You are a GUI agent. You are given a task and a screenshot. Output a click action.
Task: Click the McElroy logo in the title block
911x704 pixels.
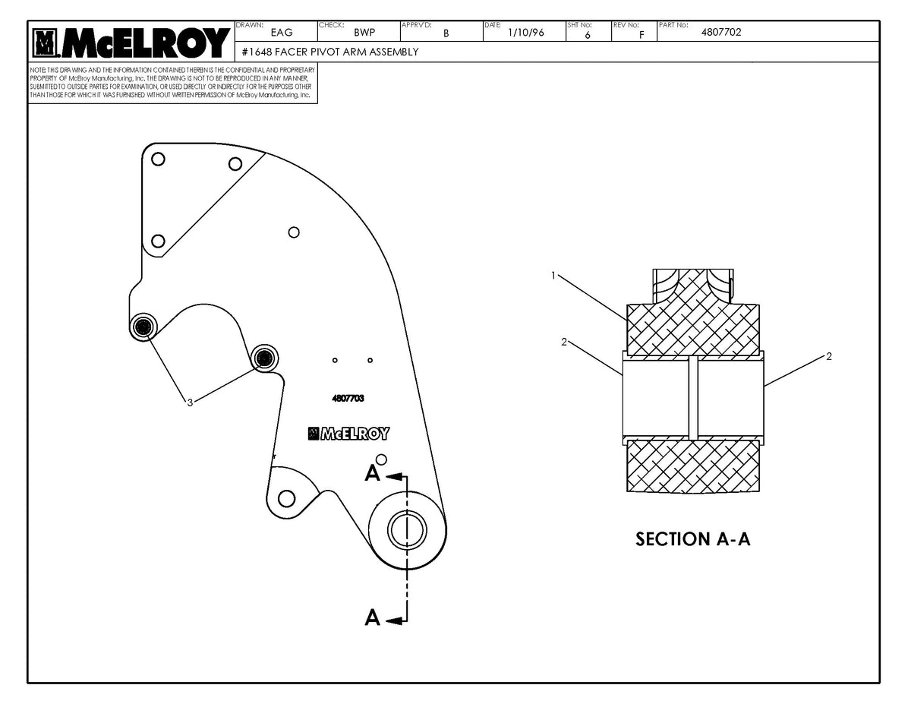coord(130,43)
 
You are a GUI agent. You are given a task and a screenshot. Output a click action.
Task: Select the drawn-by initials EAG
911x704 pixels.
coord(281,33)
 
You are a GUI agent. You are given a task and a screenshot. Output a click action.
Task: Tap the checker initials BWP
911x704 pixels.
coord(364,33)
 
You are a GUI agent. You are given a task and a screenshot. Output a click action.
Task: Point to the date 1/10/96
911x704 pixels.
coord(525,33)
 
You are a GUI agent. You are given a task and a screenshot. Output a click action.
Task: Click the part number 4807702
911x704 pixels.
coord(721,32)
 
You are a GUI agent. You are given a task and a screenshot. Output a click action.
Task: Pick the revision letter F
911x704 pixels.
coord(642,34)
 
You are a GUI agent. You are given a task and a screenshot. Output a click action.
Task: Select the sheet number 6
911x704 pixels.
coord(588,34)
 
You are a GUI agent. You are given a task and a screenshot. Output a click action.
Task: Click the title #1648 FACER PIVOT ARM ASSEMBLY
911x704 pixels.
coord(329,52)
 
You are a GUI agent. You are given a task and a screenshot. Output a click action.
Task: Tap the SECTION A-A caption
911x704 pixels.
coord(692,539)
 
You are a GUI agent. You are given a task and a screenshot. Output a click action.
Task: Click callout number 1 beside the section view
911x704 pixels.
coord(555,276)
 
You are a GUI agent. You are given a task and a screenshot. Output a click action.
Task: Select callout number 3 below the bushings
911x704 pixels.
coord(190,403)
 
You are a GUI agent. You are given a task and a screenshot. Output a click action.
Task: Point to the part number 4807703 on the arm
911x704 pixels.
coord(348,397)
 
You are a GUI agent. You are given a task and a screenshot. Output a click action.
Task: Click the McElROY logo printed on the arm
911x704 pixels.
coord(348,434)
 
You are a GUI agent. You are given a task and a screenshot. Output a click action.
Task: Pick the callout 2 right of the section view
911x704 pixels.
coord(829,356)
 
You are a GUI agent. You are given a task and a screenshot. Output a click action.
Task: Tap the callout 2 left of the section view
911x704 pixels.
coord(564,342)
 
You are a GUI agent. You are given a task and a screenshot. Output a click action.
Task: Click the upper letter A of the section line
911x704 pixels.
coord(372,474)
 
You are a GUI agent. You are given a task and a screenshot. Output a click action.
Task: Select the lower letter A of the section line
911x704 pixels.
coord(372,618)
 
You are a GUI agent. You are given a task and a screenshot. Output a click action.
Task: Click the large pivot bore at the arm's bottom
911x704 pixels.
coord(407,529)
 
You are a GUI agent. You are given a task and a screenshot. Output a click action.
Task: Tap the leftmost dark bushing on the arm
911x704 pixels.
coord(143,327)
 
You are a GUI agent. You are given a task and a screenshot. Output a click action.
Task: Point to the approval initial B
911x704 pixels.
coord(446,33)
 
